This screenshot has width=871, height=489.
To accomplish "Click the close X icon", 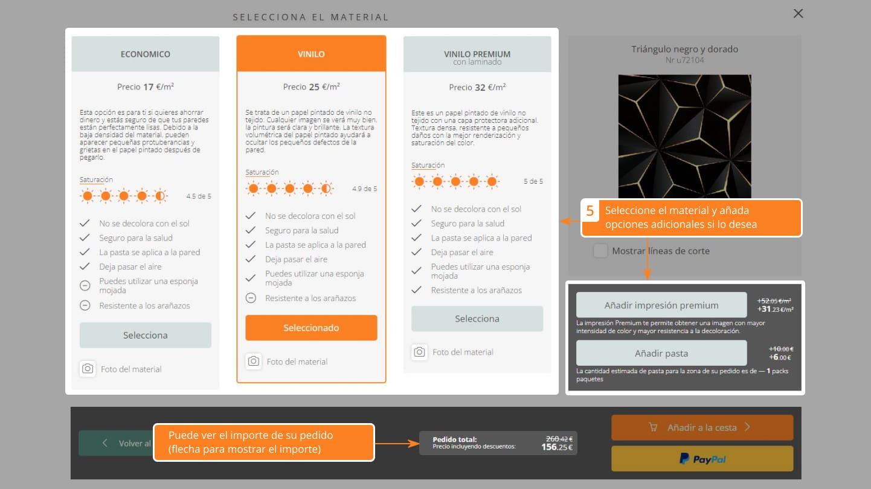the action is [798, 14].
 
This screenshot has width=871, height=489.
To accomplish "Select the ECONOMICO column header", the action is [146, 54].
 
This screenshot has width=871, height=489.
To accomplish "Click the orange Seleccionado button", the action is [311, 328].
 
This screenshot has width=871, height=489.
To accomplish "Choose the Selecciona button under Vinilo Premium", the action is [477, 319].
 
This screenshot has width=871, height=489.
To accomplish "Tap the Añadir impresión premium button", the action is [661, 305].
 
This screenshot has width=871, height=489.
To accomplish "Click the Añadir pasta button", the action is [661, 353].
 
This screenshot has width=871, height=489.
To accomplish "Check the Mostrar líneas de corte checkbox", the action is [600, 251].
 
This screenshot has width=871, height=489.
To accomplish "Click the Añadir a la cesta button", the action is [702, 427].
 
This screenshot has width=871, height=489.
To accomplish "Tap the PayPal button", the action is [702, 459].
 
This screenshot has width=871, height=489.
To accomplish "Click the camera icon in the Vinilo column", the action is [254, 361].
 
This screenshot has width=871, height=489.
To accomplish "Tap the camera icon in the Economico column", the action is [88, 368].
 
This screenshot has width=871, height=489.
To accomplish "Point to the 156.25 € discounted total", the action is [557, 447].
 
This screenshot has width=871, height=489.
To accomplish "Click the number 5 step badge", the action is [590, 211].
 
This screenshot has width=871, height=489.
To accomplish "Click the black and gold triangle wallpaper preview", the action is [685, 136].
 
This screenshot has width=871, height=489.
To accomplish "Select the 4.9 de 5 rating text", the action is [364, 189].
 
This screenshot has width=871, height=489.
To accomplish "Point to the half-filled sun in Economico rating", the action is [160, 196].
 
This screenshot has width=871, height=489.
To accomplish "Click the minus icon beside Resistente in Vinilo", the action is [251, 298].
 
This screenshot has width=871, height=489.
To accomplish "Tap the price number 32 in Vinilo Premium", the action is [480, 87].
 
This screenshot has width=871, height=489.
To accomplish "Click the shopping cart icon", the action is [654, 427].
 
